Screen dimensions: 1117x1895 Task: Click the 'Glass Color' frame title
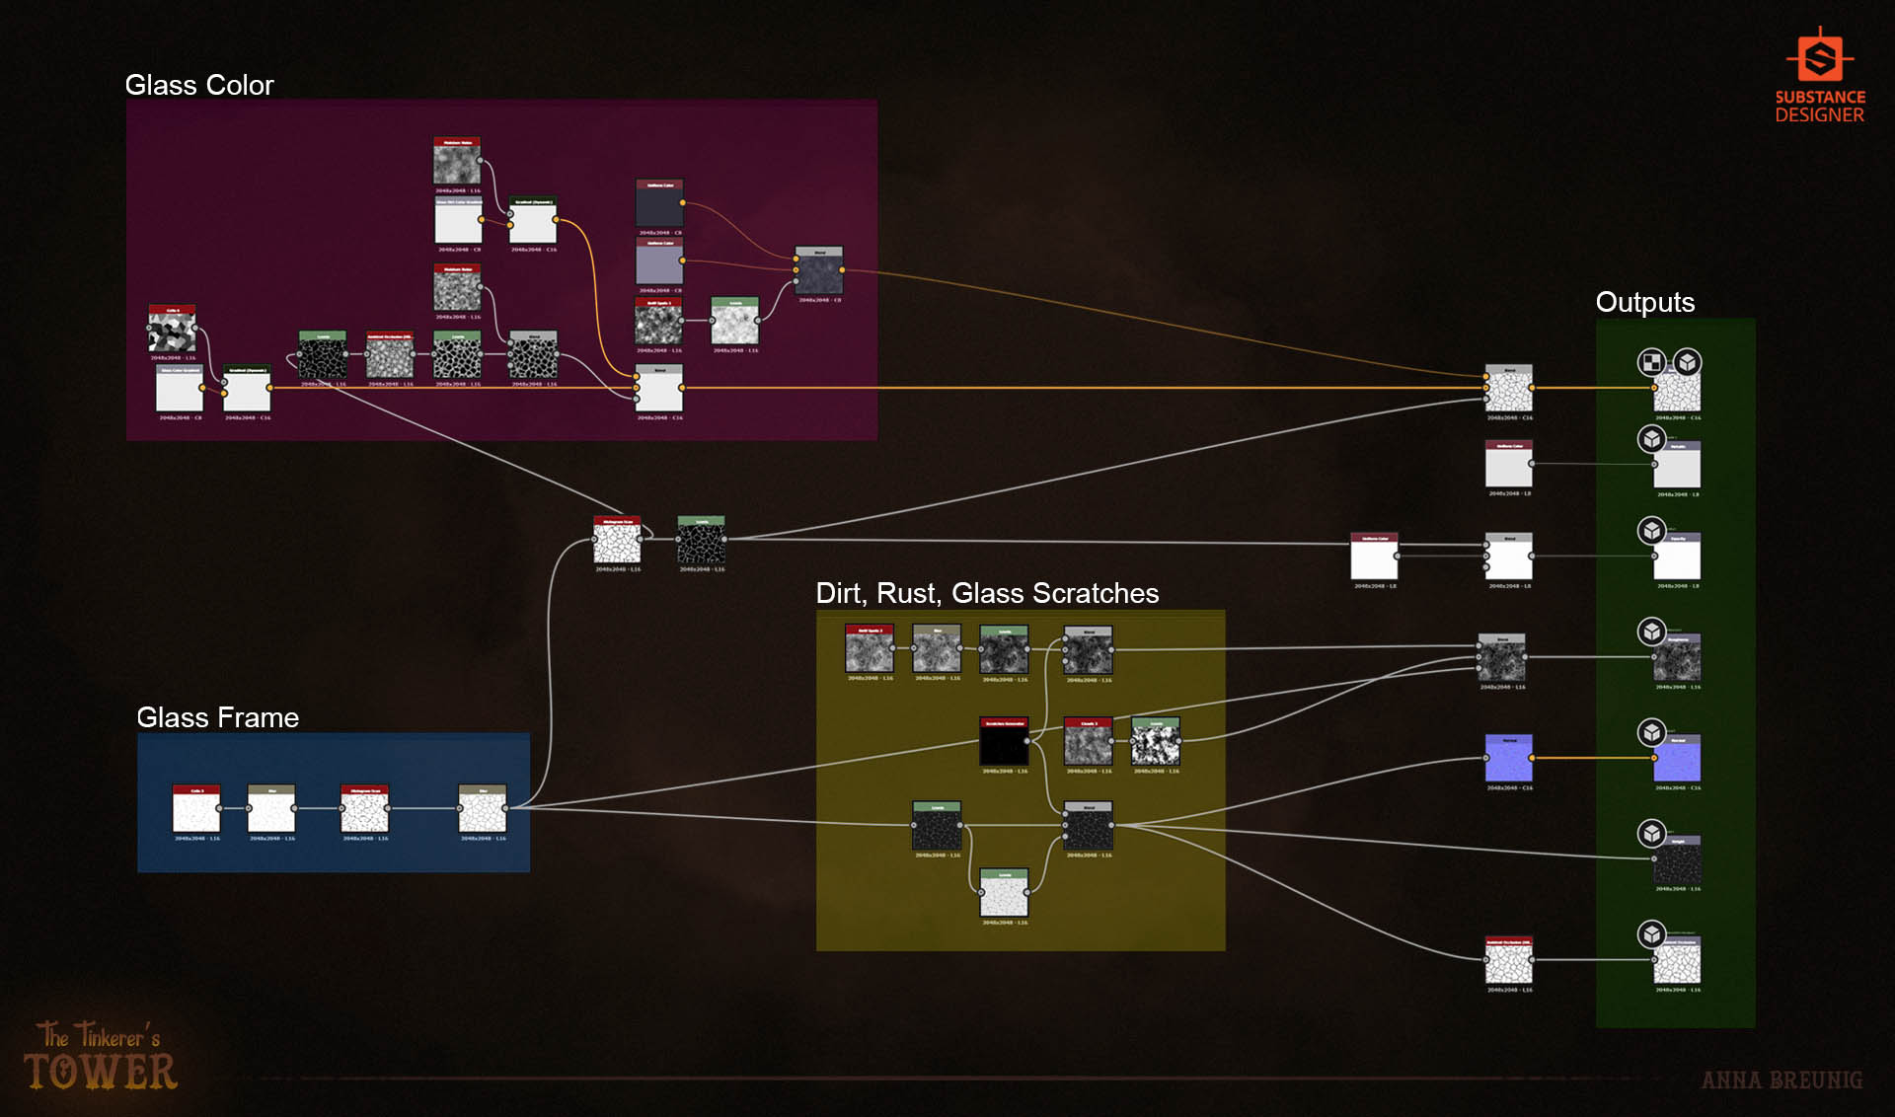point(199,86)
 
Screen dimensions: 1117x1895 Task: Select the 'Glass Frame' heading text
point(217,717)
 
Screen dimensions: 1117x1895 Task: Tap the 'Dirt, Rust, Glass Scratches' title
point(987,593)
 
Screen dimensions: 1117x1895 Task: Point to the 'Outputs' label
point(1644,302)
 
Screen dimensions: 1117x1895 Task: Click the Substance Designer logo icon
point(1819,57)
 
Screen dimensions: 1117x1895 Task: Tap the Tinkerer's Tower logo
point(100,1057)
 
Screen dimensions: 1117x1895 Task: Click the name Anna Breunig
point(1781,1080)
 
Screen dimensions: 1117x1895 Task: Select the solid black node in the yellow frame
point(1004,743)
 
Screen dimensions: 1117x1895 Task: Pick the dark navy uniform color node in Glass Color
point(659,205)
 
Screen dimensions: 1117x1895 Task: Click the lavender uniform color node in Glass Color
point(659,263)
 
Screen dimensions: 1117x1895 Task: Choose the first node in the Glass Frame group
point(196,811)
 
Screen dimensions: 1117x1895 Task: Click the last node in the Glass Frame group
point(483,811)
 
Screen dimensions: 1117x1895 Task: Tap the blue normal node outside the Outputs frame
point(1509,759)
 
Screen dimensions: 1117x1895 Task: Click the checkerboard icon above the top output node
point(1651,362)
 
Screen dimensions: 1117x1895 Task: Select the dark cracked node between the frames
point(701,542)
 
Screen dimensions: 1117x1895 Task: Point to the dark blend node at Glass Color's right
point(819,272)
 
